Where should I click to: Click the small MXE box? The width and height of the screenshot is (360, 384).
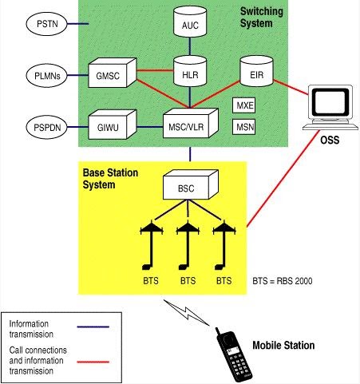pyautogui.click(x=244, y=105)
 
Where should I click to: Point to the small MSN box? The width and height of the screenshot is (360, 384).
pyautogui.click(x=244, y=126)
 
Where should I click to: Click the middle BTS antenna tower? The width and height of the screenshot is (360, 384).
pyautogui.click(x=187, y=243)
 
